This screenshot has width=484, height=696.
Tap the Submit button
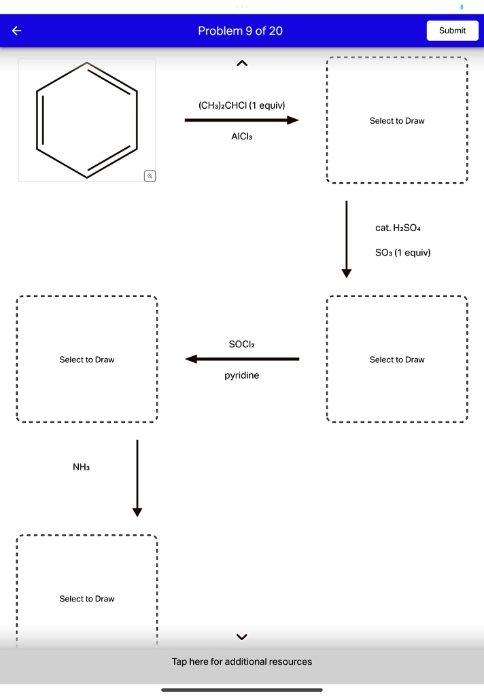pos(452,31)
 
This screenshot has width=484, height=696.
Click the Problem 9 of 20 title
pos(240,31)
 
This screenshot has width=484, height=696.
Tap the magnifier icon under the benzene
pos(150,176)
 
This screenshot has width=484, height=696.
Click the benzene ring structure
pos(86,120)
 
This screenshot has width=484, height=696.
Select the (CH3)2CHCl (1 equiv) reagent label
pos(241,105)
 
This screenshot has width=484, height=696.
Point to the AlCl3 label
pos(241,136)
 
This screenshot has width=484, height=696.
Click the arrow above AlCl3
pos(241,120)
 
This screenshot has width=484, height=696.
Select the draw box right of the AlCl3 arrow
pos(397,120)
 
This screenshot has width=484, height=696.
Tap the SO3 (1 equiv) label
pos(402,253)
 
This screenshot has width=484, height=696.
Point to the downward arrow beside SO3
pos(347,239)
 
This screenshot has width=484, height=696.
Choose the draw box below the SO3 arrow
pos(397,360)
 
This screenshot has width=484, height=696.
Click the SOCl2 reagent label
pos(241,345)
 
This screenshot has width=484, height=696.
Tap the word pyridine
pos(241,375)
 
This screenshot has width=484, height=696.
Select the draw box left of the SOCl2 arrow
pos(86,360)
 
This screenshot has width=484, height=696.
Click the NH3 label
pos(81,468)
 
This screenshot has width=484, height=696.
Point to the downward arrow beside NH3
pos(137,478)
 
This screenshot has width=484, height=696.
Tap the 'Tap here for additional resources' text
pos(241,661)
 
